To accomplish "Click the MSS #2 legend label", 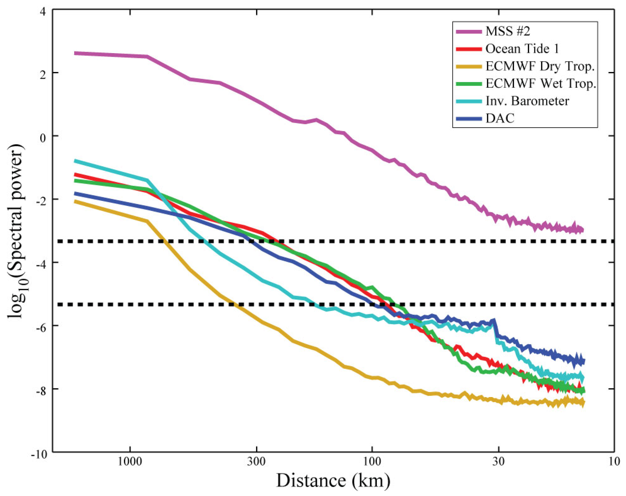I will click(508, 31).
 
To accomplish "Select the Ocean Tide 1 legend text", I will click(522, 49).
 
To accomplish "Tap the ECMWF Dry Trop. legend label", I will click(540, 67).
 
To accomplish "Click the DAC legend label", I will click(500, 118).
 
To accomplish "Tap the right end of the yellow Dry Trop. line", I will click(583, 402).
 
